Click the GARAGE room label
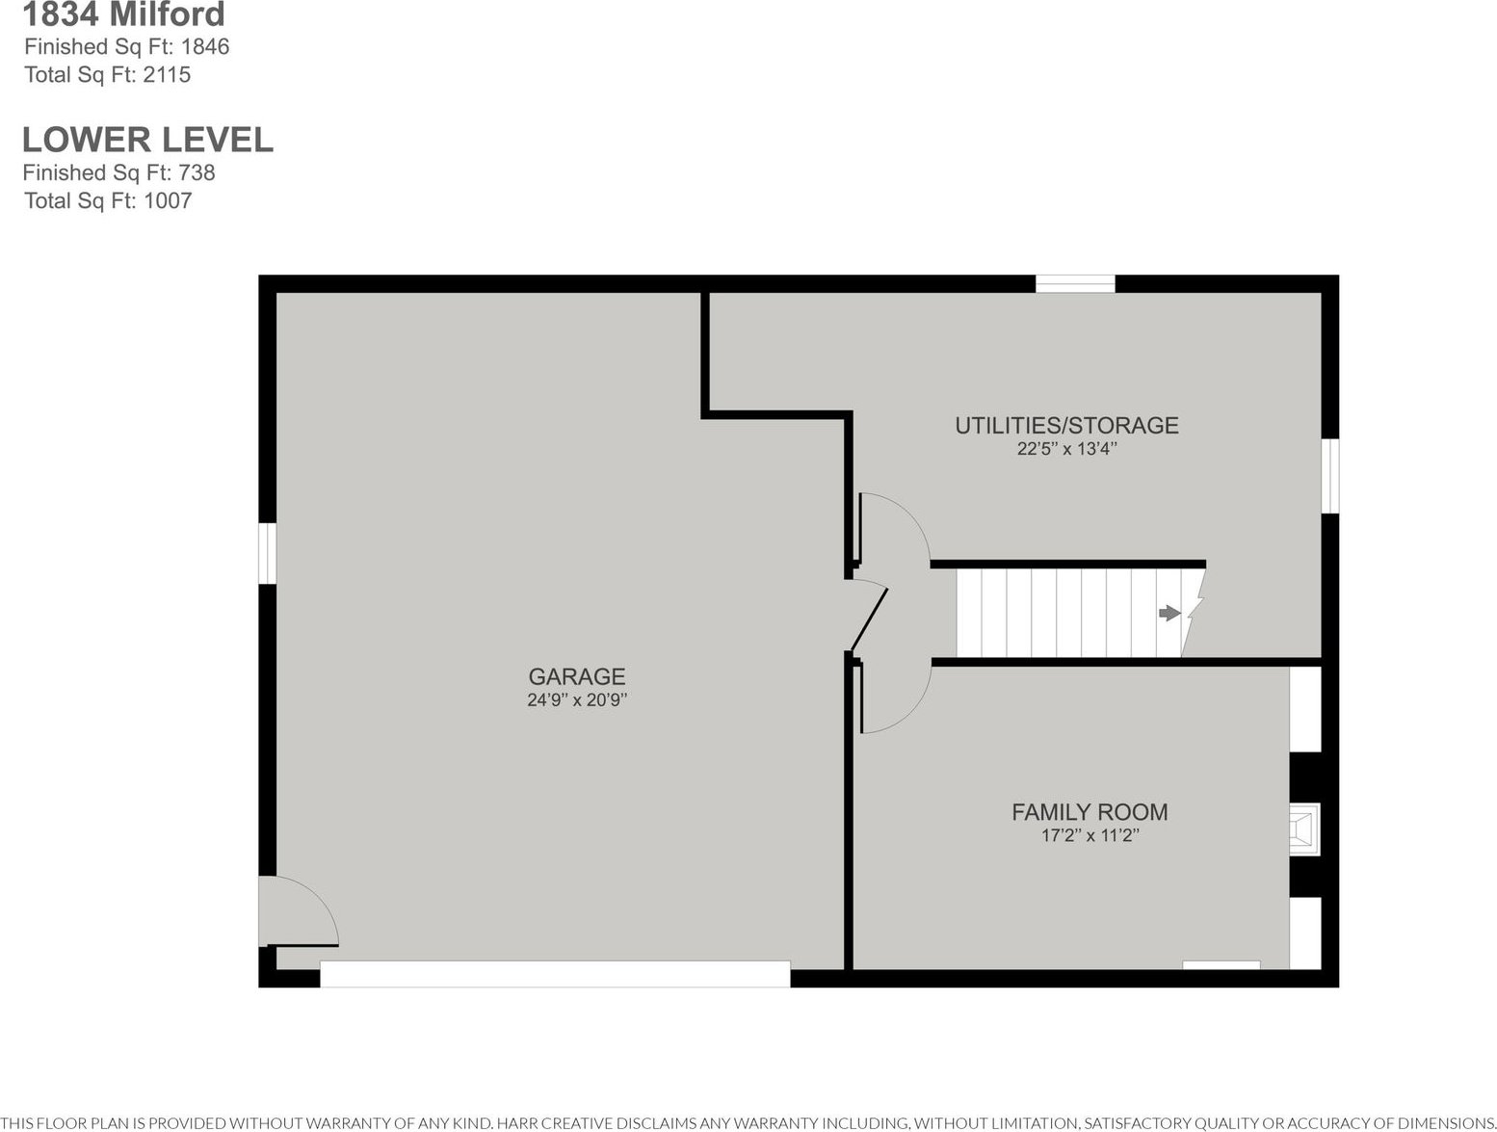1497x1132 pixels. click(576, 675)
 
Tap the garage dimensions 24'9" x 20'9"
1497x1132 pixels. click(576, 700)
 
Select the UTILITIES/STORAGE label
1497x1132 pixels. click(1066, 425)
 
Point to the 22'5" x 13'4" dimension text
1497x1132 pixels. click(1066, 449)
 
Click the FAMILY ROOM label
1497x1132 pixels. click(1090, 811)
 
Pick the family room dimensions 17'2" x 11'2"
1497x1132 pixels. click(1090, 835)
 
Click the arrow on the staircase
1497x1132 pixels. click(1169, 613)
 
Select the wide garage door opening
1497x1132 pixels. click(555, 974)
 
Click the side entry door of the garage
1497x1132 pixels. click(299, 911)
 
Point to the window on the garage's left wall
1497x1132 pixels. click(268, 553)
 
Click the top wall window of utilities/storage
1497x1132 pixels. click(1075, 283)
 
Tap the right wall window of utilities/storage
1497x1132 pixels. click(1330, 476)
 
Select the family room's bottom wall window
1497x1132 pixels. click(1221, 965)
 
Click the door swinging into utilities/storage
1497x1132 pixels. click(893, 529)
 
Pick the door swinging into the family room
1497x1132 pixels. click(895, 697)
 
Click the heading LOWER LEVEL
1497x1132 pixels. click(148, 140)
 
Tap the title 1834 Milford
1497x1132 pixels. click(123, 14)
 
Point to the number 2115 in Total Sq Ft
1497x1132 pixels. click(167, 74)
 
